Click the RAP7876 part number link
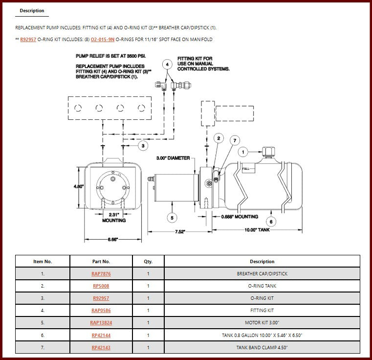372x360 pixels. click(x=101, y=273)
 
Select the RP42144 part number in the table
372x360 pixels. click(x=101, y=336)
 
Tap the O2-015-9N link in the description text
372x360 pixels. click(x=103, y=40)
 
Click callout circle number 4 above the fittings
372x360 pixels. click(x=167, y=65)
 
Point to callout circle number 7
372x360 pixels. click(x=235, y=140)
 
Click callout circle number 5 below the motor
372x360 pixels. click(x=172, y=218)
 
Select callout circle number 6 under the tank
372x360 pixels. click(x=271, y=222)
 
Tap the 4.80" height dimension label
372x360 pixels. click(x=79, y=186)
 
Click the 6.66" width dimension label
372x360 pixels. click(x=113, y=239)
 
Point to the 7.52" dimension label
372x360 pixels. click(x=180, y=231)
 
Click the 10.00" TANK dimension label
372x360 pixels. click(x=257, y=230)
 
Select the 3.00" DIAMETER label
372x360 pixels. click(x=173, y=158)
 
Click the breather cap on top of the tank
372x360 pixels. click(x=268, y=152)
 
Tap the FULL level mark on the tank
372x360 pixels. click(x=246, y=169)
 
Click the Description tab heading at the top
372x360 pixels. click(x=32, y=11)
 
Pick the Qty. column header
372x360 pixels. click(x=148, y=262)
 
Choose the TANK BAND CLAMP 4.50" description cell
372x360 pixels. click(x=262, y=347)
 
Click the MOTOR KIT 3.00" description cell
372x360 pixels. click(x=262, y=322)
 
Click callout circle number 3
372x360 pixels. click(x=143, y=146)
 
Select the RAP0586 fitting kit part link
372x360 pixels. click(x=101, y=311)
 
